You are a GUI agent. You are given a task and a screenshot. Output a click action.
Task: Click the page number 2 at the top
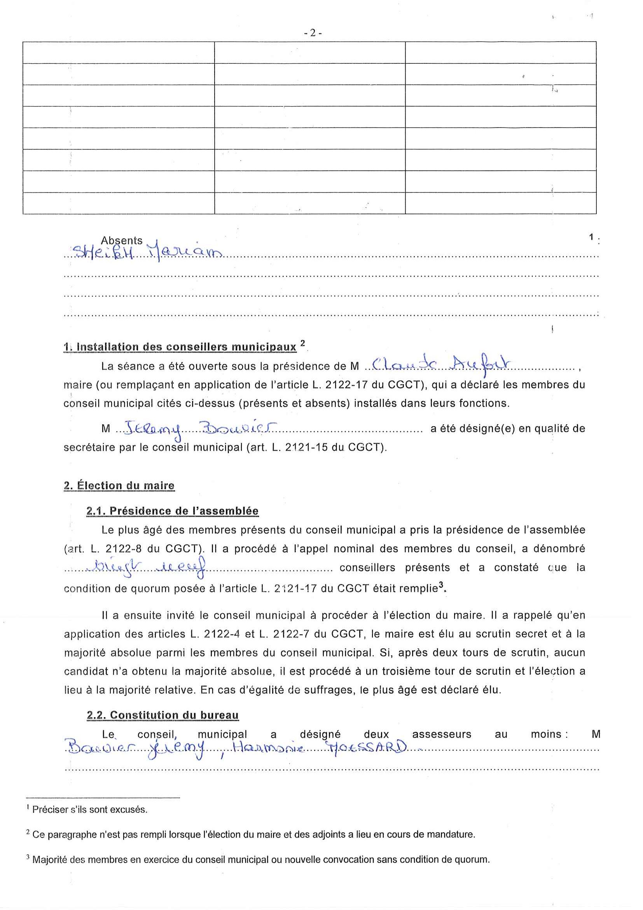point(313,33)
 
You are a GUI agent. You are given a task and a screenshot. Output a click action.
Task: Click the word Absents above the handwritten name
point(122,241)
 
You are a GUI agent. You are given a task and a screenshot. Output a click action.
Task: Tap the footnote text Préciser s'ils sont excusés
point(89,809)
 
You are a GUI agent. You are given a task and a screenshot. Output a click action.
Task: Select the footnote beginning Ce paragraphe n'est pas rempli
point(253,834)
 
